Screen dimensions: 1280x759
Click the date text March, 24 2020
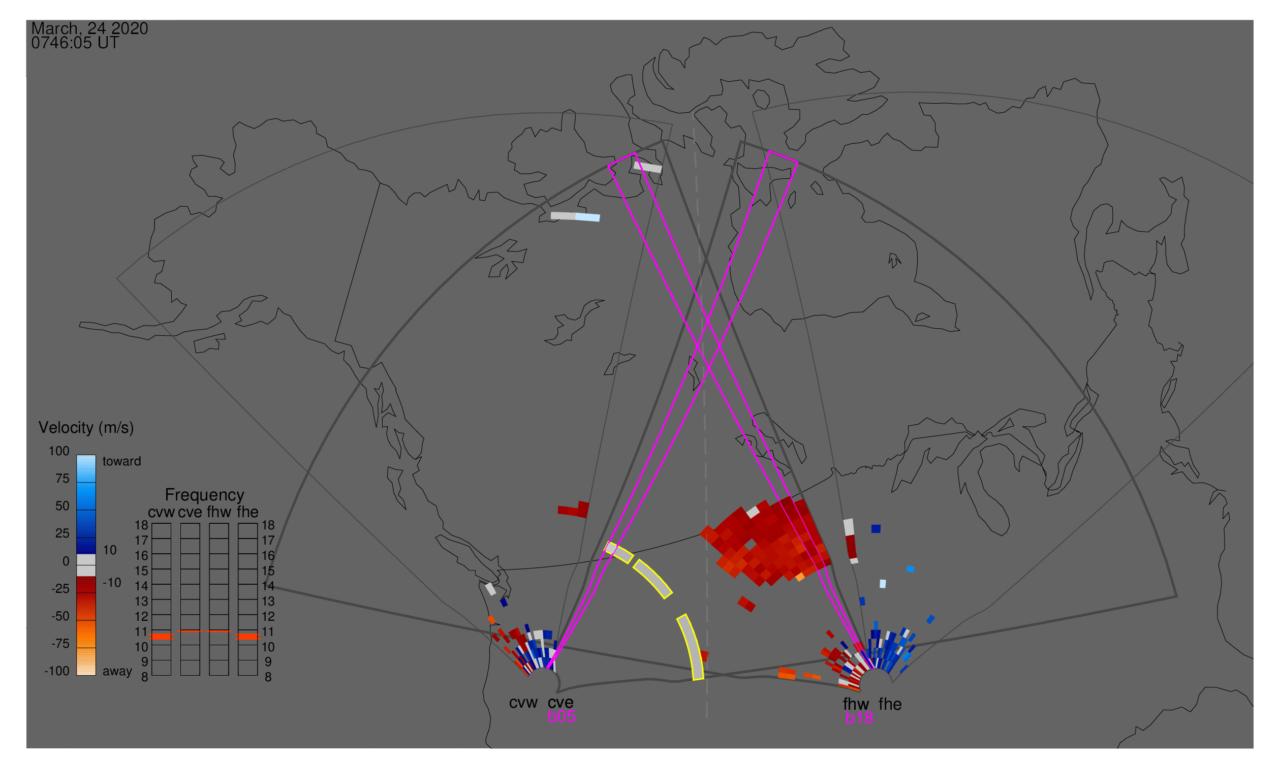[x=89, y=28]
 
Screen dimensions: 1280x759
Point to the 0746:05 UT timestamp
[x=75, y=43]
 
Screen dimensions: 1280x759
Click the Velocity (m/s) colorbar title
[x=86, y=428]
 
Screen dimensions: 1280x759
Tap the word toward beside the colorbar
[x=122, y=461]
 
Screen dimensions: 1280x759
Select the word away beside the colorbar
[x=117, y=672]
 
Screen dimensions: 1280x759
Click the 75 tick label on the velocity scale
[x=62, y=479]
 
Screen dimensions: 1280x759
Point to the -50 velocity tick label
[x=60, y=616]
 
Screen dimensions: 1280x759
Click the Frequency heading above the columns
[x=205, y=495]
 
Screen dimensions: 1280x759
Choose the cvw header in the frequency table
[x=161, y=513]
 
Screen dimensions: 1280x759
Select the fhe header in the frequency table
[x=247, y=513]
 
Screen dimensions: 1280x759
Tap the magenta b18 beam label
[x=859, y=718]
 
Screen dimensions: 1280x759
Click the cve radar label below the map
[x=560, y=703]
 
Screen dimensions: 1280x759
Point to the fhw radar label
[x=856, y=704]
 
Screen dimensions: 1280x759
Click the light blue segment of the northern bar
[x=587, y=217]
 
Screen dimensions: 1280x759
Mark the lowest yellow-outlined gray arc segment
[x=692, y=647]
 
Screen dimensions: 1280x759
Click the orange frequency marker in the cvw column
[x=162, y=637]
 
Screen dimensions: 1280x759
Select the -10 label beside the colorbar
[x=112, y=583]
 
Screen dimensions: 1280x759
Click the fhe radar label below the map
[x=890, y=704]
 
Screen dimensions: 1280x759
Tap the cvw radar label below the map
[x=523, y=703]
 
